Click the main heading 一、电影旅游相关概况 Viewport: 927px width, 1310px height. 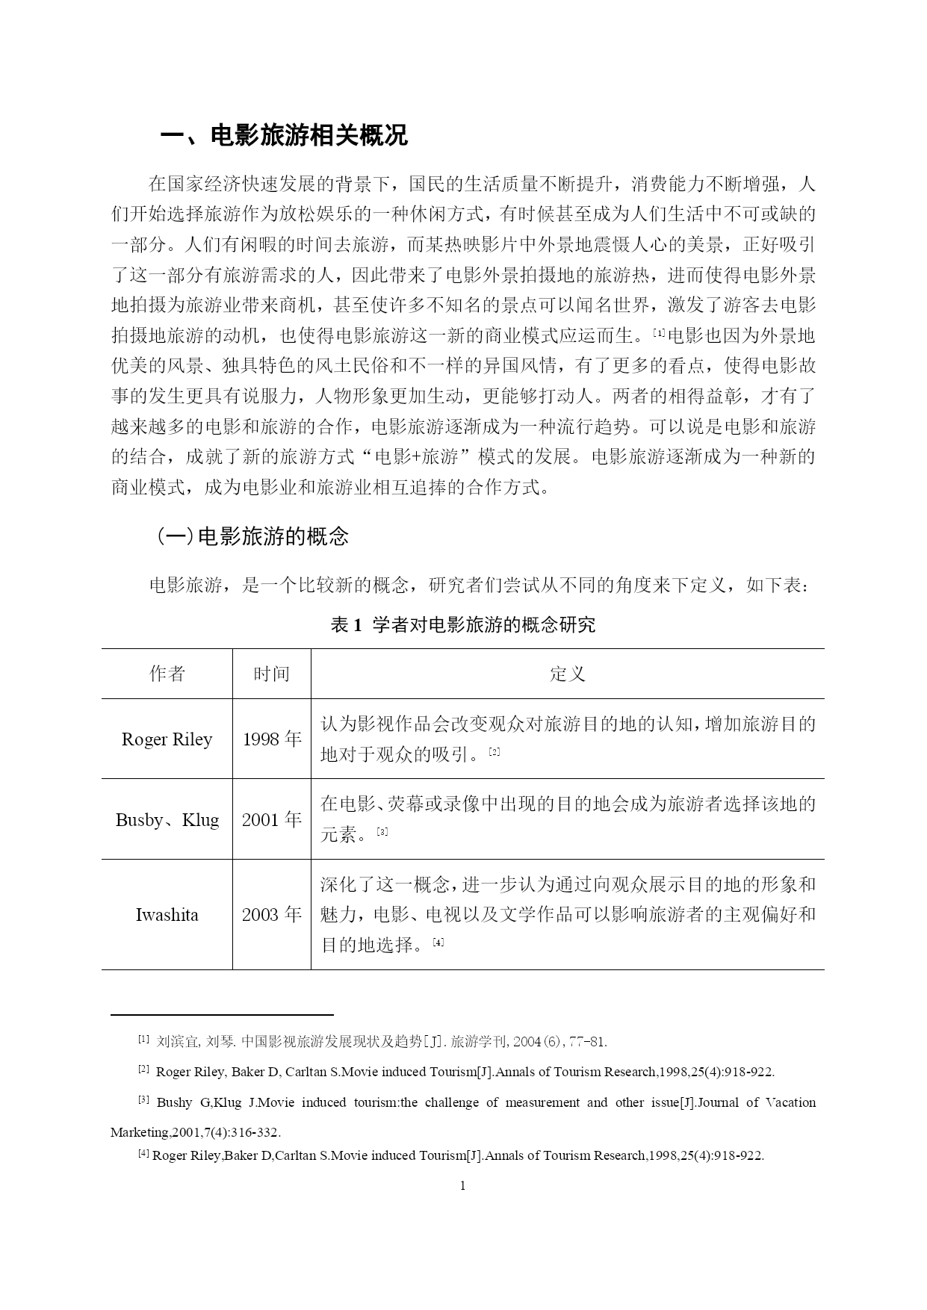coord(285,136)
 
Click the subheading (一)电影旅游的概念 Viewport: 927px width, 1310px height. coord(252,536)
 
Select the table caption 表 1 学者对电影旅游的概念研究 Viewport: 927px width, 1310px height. coord(463,624)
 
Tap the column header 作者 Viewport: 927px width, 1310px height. coord(167,674)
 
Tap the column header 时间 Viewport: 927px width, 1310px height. coord(271,674)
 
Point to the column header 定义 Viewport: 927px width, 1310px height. coord(567,674)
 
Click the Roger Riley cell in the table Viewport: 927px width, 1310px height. coord(167,739)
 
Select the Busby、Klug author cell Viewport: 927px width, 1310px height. coord(167,820)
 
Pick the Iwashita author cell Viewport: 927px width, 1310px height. coord(167,915)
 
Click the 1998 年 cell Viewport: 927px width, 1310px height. coord(271,739)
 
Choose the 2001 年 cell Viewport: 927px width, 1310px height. coord(271,820)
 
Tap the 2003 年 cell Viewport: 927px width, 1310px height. coord(271,915)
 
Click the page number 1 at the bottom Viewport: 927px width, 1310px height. coord(463,1186)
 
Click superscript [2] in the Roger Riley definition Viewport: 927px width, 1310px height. coord(494,751)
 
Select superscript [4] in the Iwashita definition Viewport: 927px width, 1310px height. coord(438,942)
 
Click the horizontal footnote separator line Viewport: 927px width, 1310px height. coord(222,1015)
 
